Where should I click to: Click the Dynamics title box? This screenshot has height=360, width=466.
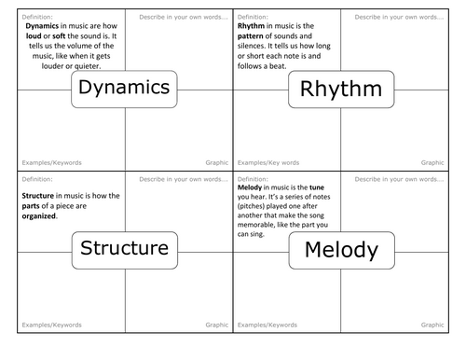124,88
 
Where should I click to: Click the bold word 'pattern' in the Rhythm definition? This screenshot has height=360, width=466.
256,36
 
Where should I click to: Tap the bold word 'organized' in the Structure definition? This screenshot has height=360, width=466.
37,216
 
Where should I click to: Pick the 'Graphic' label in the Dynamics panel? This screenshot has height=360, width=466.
215,162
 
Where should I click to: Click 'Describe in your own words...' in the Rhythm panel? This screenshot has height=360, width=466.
396,17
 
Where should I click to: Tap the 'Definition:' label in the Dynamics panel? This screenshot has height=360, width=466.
35,17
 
